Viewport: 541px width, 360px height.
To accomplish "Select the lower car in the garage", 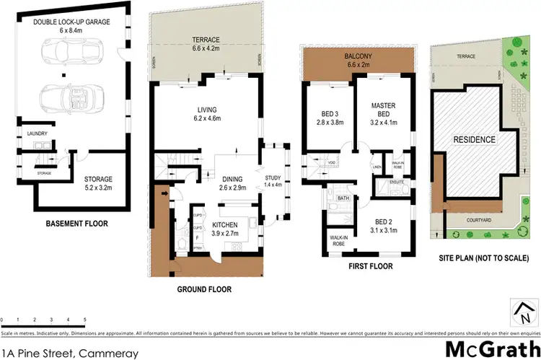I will [x=69, y=96].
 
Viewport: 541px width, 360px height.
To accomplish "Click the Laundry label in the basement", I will [x=36, y=134].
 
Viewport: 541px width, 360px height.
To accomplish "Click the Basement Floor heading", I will [x=78, y=224].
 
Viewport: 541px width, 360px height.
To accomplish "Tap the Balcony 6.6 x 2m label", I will [x=359, y=58].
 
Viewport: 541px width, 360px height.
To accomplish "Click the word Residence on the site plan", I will [x=474, y=139].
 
